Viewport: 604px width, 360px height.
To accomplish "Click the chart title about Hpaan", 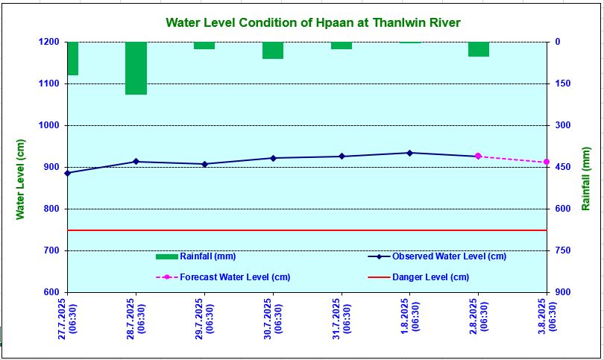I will click(x=312, y=22).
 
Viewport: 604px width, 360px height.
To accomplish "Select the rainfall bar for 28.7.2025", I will click(x=136, y=68).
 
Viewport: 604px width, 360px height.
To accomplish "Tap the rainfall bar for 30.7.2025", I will click(x=273, y=50).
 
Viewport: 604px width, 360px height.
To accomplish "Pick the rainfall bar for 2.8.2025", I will click(x=479, y=49).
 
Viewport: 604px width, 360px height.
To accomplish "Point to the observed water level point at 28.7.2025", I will click(x=136, y=162).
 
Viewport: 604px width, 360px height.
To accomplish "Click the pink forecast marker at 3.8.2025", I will click(x=547, y=162).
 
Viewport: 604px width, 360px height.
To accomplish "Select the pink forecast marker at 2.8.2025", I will click(x=478, y=156).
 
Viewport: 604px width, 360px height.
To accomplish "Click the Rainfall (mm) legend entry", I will click(x=195, y=256).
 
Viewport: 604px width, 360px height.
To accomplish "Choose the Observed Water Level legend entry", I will click(x=437, y=256).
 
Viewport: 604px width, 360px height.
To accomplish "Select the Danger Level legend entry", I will click(x=418, y=277).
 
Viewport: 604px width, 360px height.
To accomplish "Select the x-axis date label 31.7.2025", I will click(x=341, y=318).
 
